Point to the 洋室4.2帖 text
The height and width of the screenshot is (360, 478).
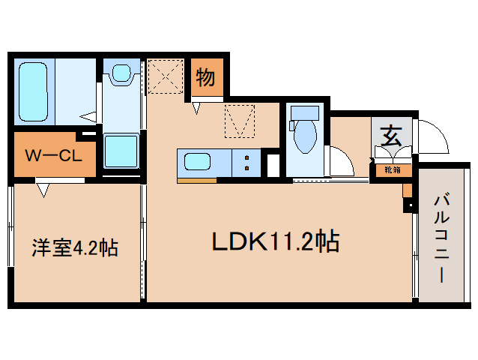[74, 247]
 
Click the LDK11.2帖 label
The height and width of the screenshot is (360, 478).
[275, 241]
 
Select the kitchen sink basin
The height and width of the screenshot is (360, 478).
[196, 162]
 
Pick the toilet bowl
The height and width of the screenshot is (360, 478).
[305, 137]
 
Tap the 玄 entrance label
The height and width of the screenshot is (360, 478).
[390, 138]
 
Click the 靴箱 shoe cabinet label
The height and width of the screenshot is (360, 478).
[392, 169]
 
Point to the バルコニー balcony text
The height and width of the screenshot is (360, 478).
[441, 238]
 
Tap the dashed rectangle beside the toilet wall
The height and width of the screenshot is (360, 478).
[240, 121]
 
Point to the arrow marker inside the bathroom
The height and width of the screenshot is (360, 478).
[90, 116]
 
